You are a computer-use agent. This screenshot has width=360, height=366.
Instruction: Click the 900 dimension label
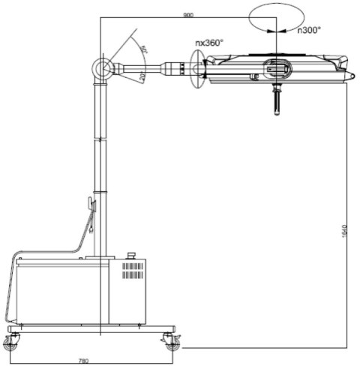coord(188,14)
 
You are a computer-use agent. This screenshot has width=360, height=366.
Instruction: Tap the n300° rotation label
coord(309,30)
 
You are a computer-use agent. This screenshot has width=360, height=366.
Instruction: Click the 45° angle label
coord(145,49)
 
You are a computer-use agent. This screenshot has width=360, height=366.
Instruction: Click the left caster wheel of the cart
coord(10,343)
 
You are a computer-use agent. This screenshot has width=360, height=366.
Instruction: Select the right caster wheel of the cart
coord(172,343)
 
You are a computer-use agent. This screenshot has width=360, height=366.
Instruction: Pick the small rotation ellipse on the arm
coord(199,72)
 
